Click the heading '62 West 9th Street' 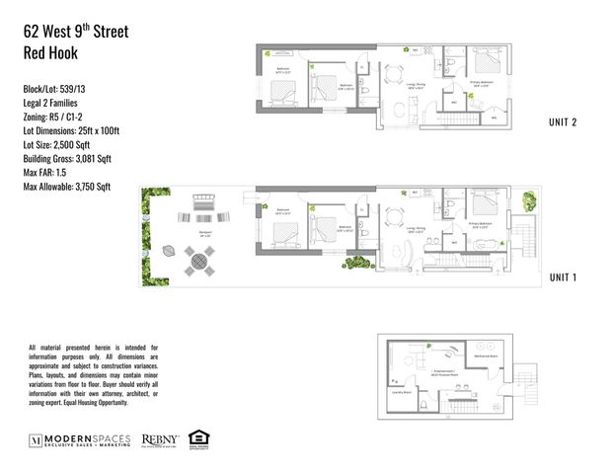[76, 33]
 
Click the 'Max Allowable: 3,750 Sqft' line [68, 186]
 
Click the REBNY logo [160, 437]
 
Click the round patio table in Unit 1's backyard [200, 263]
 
